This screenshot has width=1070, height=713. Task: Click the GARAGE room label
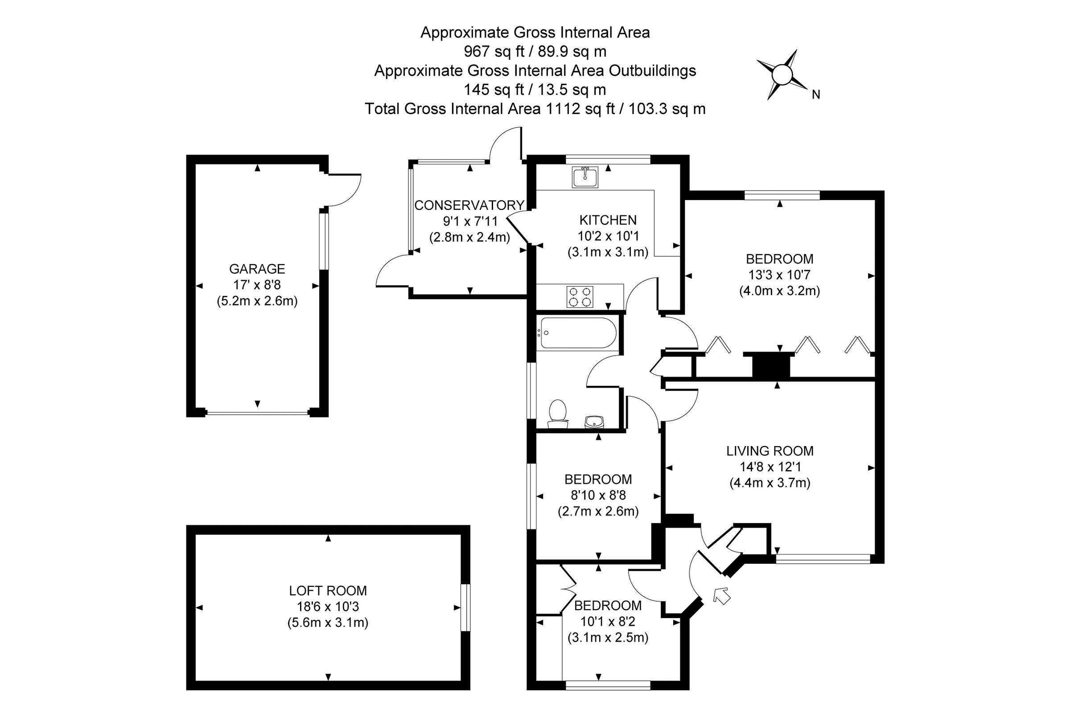257,269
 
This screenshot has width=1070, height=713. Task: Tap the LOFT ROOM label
328,591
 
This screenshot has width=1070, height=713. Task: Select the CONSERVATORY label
469,205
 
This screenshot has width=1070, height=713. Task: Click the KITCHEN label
608,220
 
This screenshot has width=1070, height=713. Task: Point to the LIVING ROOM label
770,451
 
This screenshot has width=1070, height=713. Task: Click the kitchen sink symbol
585,177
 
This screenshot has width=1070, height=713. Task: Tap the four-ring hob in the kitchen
580,296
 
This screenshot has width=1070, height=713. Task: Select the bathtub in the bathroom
578,333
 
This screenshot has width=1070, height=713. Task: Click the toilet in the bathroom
558,414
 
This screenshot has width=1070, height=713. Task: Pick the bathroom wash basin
594,422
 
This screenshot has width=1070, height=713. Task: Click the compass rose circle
782,74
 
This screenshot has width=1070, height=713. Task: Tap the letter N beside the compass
816,94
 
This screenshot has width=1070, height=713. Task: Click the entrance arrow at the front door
721,595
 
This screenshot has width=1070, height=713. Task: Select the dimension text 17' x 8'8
257,285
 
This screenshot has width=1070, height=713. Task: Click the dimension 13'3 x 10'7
779,275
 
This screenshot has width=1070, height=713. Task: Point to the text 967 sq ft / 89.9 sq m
535,52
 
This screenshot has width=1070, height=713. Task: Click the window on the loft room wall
465,607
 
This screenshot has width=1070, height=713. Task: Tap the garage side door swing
344,190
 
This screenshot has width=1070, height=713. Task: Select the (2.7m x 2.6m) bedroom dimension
598,512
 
